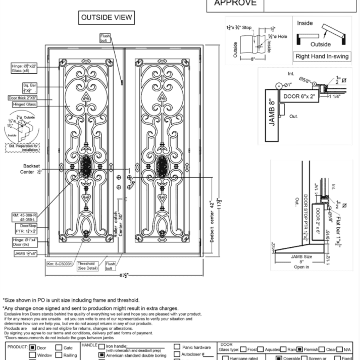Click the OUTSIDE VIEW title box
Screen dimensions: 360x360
(x=107, y=18)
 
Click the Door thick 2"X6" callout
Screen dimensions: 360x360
(x=23, y=97)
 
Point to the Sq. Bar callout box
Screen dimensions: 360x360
(x=29, y=88)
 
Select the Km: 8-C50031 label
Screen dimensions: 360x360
(x=60, y=264)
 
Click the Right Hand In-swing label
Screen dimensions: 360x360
(x=322, y=57)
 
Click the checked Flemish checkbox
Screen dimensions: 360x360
(x=300, y=347)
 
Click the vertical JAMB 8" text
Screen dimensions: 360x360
(x=273, y=109)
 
